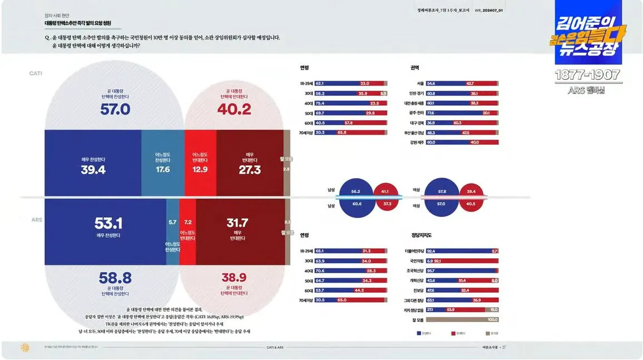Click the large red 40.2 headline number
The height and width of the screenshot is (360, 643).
[234, 110]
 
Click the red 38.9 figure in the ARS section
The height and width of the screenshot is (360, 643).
[234, 278]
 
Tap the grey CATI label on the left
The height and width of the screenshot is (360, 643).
[36, 73]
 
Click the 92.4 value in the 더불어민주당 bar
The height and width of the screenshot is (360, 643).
[431, 251]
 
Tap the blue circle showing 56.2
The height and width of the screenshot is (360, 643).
[355, 191]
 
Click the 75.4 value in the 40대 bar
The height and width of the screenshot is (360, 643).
[320, 103]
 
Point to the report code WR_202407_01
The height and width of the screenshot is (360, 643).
[489, 10]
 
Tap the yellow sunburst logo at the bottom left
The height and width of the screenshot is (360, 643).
[24, 347]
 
